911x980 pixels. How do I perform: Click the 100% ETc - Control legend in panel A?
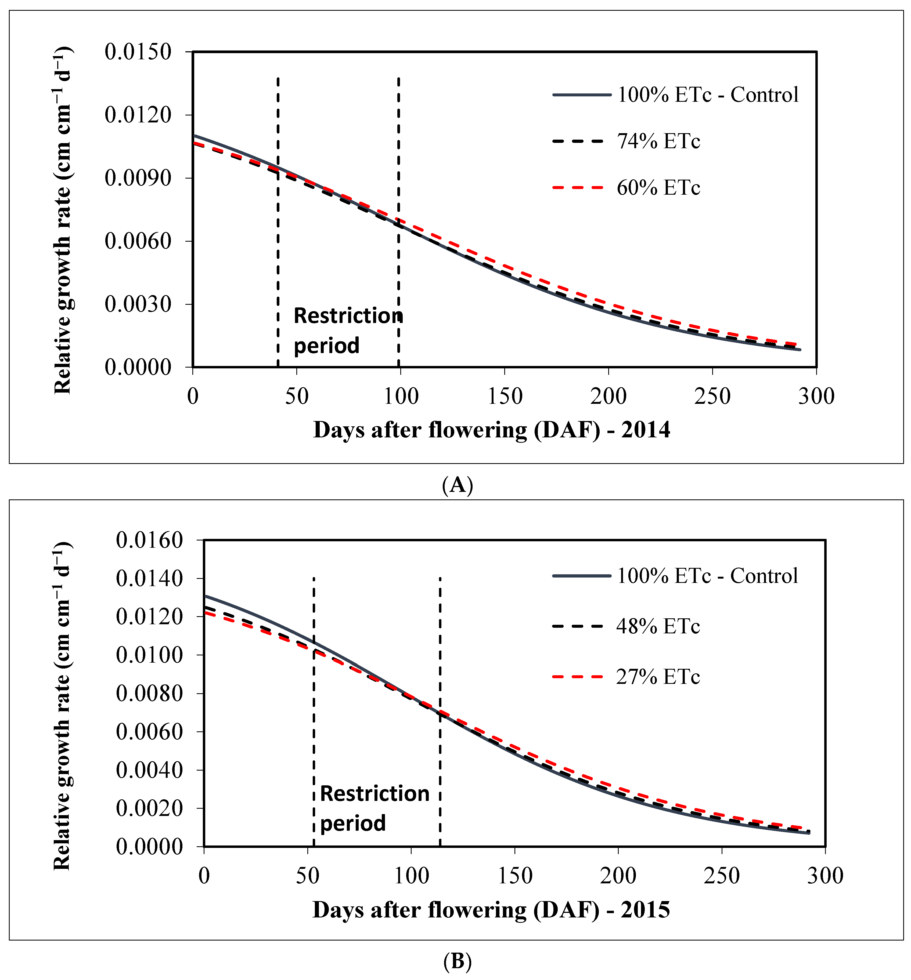point(707,95)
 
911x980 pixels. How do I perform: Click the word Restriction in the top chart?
point(348,316)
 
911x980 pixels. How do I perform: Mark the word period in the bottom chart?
point(353,823)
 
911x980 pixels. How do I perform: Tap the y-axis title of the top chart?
point(63,220)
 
